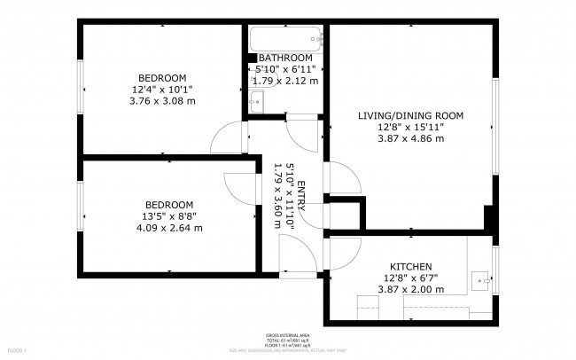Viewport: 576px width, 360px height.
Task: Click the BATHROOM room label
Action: tap(285, 58)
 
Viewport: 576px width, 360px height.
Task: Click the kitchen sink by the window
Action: tap(483, 278)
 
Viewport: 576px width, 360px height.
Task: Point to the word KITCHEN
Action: tap(410, 267)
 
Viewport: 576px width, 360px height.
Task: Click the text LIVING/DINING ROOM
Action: tap(410, 116)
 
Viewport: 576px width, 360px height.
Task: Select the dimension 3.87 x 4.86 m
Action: tap(410, 138)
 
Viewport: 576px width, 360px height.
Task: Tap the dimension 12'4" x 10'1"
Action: tap(162, 90)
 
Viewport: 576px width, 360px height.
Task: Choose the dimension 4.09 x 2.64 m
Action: tap(168, 228)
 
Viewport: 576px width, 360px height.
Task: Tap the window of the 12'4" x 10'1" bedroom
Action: tap(81, 89)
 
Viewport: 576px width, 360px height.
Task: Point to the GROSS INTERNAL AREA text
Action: tap(287, 335)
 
